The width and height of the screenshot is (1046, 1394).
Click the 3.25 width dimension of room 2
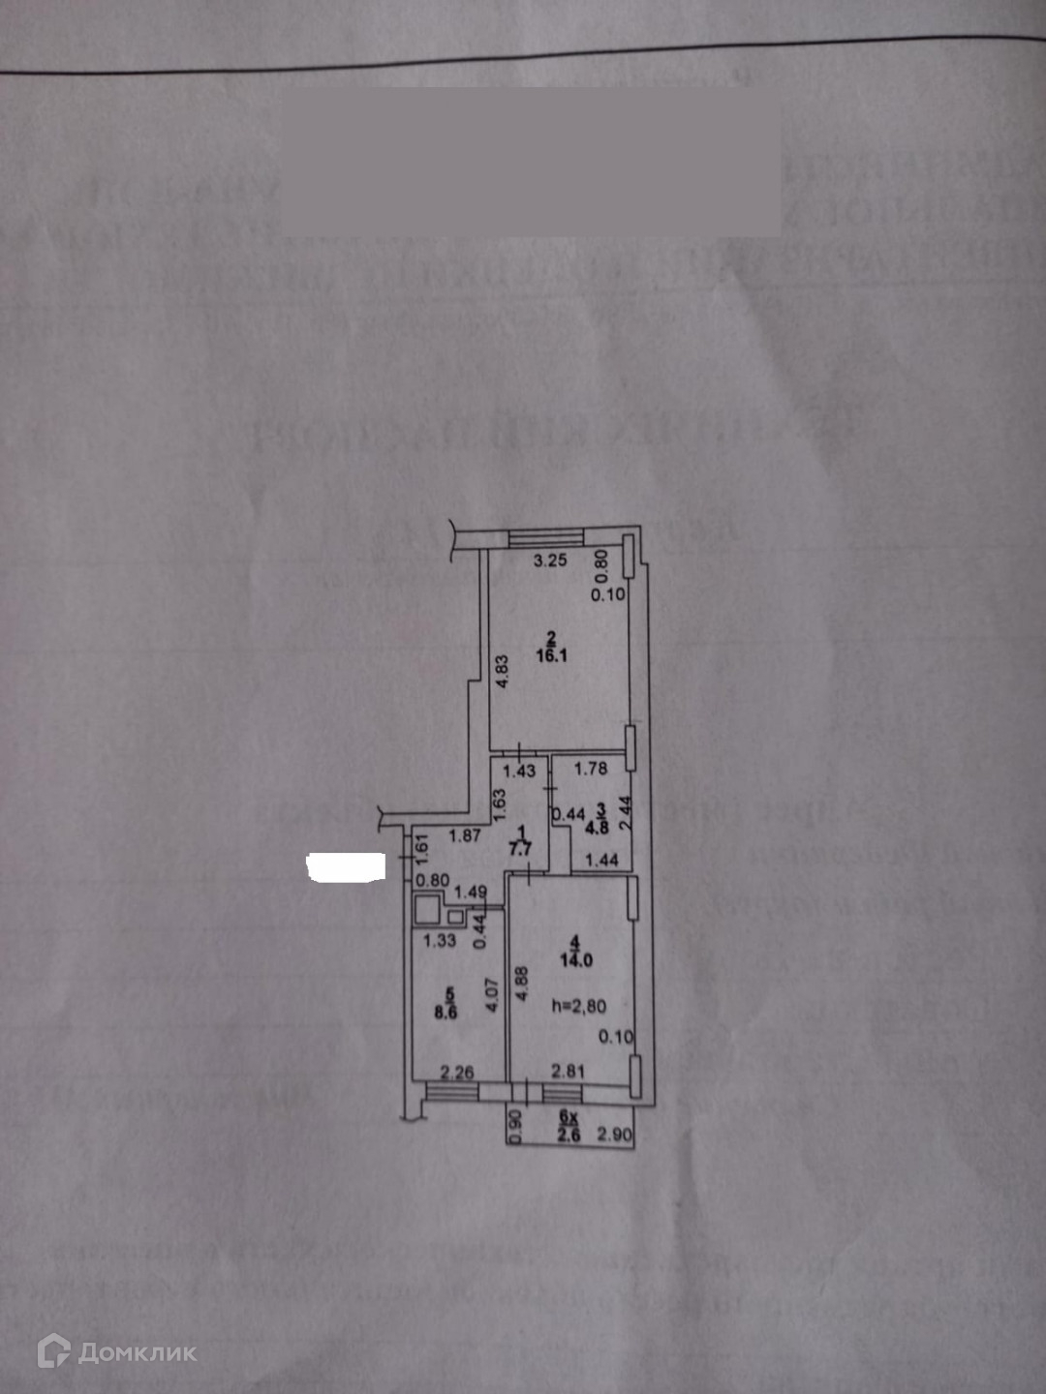click(550, 560)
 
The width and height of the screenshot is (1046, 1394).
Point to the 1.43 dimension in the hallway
click(519, 772)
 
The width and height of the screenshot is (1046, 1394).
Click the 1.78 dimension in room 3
click(591, 769)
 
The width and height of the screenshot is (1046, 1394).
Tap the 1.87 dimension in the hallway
click(465, 835)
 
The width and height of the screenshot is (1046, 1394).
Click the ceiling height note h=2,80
click(578, 1007)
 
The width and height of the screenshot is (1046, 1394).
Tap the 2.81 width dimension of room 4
click(569, 1071)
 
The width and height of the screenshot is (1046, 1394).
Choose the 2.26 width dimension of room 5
click(457, 1072)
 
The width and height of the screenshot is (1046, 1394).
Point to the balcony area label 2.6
click(569, 1136)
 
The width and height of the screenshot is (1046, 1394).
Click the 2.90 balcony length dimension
click(614, 1135)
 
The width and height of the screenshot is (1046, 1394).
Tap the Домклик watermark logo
click(117, 1351)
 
